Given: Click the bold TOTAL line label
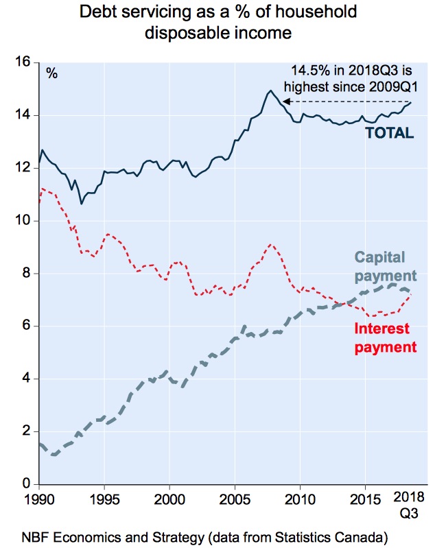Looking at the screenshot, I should coord(389,133).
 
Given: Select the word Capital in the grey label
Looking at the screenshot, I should coord(381,258).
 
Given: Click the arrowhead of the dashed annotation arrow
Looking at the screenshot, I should coord(287,102).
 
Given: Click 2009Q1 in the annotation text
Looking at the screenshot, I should coord(393,86).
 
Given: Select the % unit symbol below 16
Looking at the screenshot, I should coord(51,73).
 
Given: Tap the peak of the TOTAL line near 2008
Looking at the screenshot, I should coord(270,91).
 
